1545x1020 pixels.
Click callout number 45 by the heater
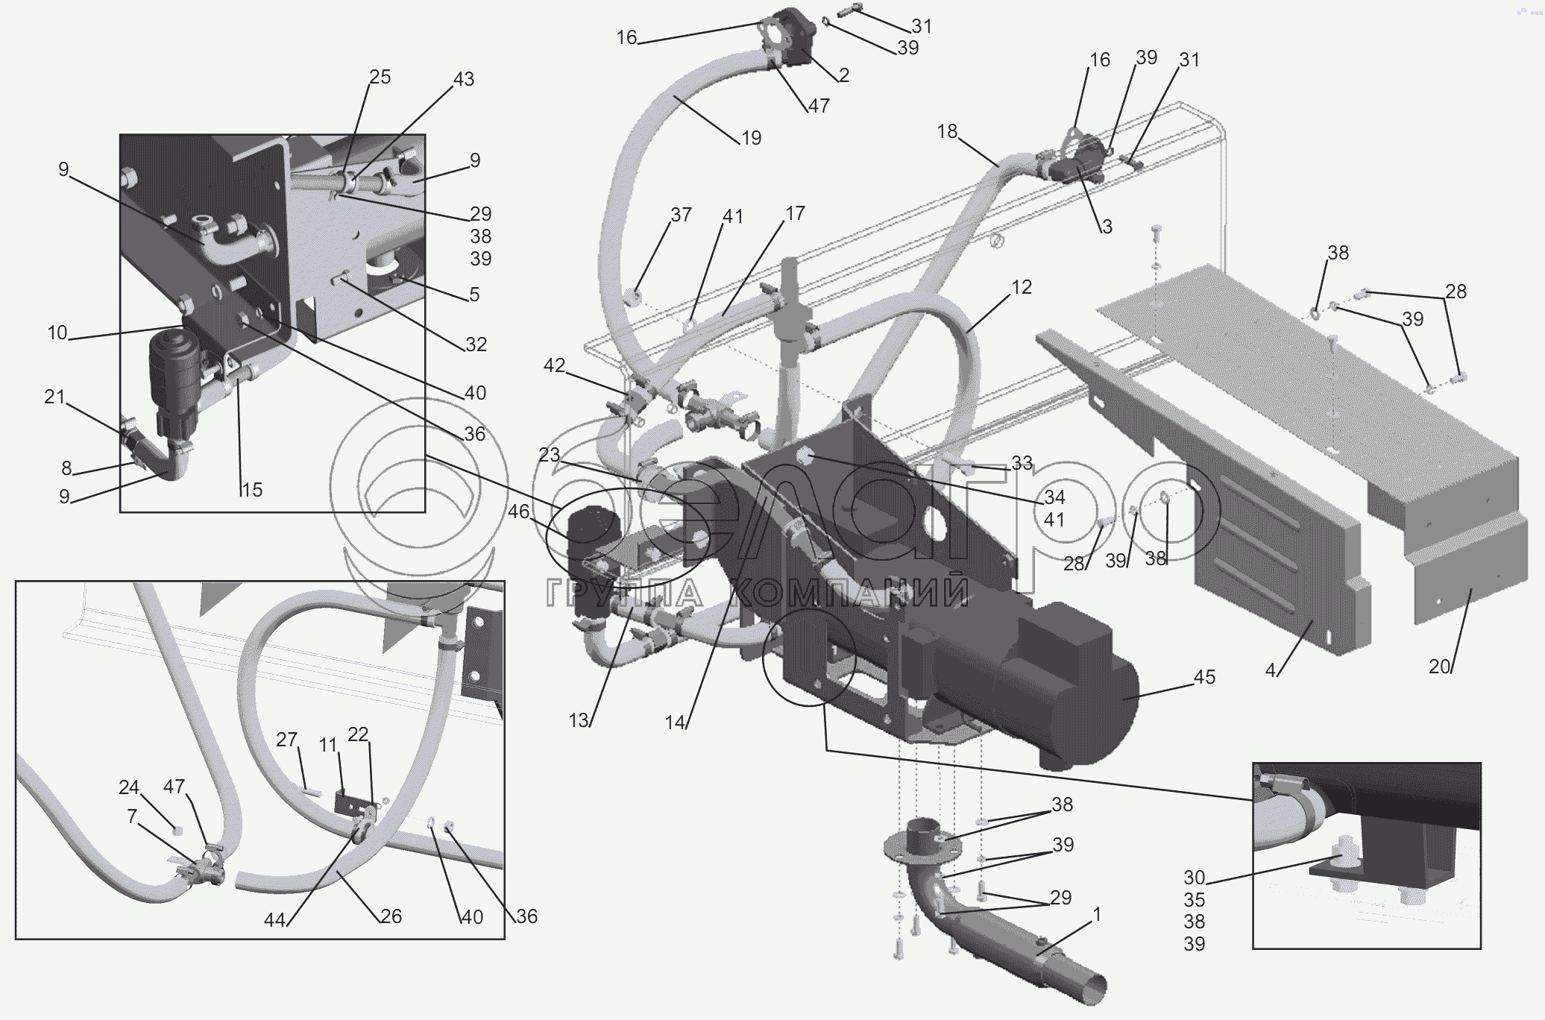coord(1204,677)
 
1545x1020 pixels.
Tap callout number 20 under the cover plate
coord(1439,667)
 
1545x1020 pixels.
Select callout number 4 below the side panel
coord(1271,670)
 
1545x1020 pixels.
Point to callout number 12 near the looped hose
coord(1021,287)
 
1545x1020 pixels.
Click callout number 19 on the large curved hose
coord(751,138)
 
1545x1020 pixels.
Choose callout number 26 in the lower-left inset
coord(391,916)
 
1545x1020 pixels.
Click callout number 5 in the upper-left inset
coord(475,295)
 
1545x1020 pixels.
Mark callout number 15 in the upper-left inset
coord(251,490)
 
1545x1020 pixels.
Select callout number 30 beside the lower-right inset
coord(1195,878)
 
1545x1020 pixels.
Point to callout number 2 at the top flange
coord(843,75)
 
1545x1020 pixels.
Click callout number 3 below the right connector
coord(1107,227)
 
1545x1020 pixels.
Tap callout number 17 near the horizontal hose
coord(795,213)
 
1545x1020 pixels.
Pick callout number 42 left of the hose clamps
coord(554,365)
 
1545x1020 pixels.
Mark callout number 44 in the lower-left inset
coord(274,921)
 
